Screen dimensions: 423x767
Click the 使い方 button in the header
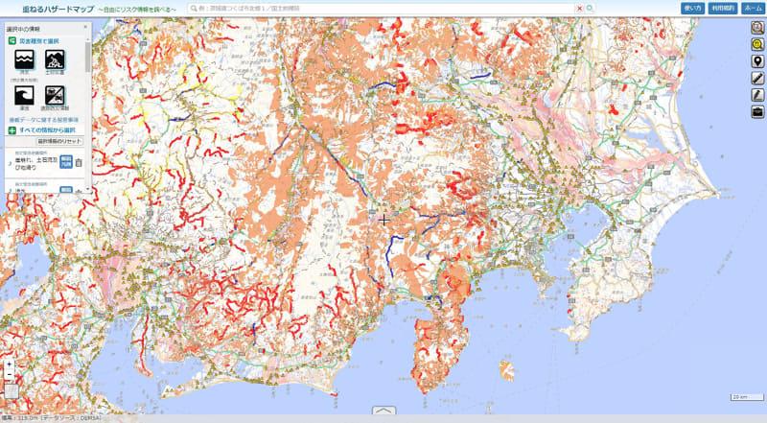[x=693, y=8]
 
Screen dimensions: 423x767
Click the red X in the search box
[x=579, y=8]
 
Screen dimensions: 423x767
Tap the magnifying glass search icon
[x=591, y=8]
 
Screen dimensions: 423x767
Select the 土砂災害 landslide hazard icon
[x=55, y=60]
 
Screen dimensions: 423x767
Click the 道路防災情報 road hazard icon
[x=55, y=94]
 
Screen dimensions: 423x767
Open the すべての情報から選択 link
[x=45, y=129]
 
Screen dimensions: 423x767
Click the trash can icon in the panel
[x=80, y=162]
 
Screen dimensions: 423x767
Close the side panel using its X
[x=85, y=28]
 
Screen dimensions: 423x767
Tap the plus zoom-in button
[x=10, y=365]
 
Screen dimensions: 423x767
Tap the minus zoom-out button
[x=10, y=376]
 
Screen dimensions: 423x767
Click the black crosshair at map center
[x=383, y=220]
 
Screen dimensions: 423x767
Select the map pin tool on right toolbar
[x=757, y=61]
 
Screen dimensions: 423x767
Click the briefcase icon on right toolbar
[x=757, y=111]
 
